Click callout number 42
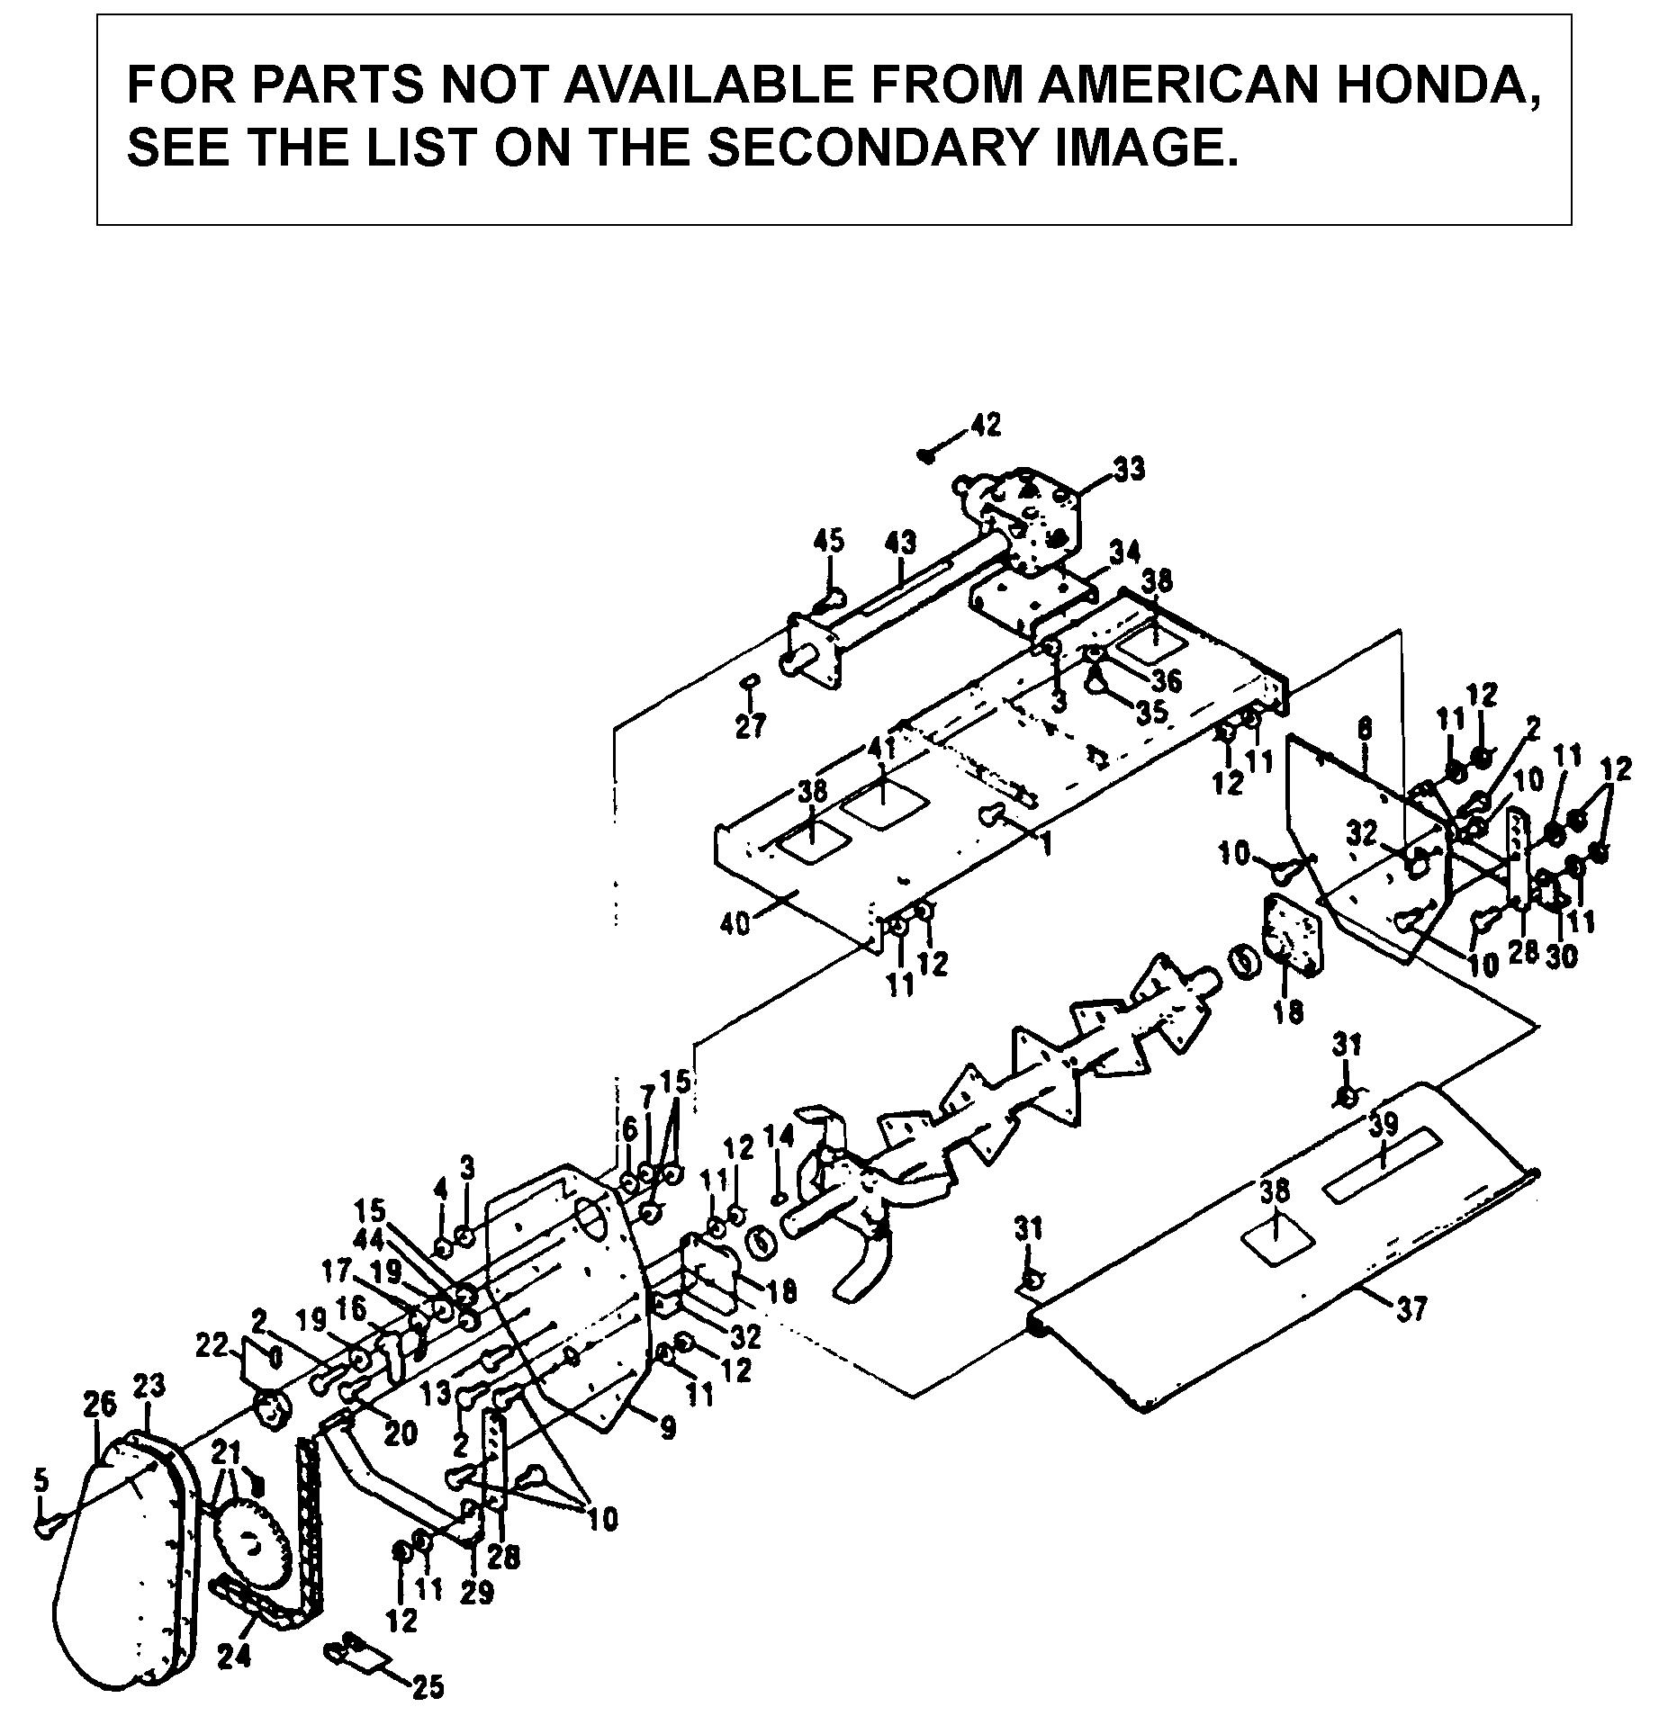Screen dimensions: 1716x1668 coord(985,424)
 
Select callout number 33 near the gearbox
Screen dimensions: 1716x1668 coord(1129,469)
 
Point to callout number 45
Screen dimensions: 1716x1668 coord(828,542)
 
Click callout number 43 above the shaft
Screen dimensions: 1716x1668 coord(900,543)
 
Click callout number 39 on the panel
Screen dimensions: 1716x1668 coord(1384,1125)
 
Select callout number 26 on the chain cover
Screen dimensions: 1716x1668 coord(99,1405)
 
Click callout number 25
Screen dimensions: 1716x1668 coord(428,1687)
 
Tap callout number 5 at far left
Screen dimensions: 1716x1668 coord(39,1478)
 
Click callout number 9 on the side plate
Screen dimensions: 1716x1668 coord(666,1429)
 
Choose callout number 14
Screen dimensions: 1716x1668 coord(780,1137)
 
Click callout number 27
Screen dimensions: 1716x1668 coord(750,724)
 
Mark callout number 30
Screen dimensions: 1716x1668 coord(1562,957)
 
